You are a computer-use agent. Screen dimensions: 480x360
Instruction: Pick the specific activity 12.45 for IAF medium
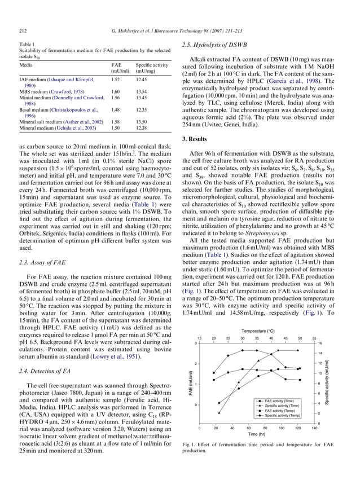(x=142, y=80)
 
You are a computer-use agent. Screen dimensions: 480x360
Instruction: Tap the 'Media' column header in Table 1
(x=25, y=65)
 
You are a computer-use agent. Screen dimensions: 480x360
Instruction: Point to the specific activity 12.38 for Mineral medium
(x=142, y=128)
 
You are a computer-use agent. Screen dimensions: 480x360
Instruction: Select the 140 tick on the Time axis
(x=314, y=428)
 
